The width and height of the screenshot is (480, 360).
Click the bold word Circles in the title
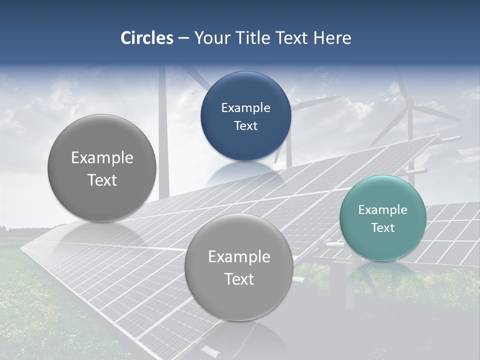[146, 38]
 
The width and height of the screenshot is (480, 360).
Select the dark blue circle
[245, 116]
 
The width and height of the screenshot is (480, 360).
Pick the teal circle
[382, 218]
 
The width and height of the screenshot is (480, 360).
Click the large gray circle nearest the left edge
[102, 168]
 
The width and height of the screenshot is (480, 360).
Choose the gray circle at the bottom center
[239, 267]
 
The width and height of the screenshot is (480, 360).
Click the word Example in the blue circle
[245, 107]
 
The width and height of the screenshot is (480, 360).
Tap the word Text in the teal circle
[382, 227]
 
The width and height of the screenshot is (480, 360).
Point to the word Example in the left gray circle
[102, 157]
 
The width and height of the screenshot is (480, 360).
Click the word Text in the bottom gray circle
[239, 279]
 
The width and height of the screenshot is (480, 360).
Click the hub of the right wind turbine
[410, 106]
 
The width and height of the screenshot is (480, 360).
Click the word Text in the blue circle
[245, 125]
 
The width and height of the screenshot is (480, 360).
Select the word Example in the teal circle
[382, 209]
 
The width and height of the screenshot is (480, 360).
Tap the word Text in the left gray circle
[102, 180]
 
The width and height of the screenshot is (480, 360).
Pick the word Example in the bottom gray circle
[239, 256]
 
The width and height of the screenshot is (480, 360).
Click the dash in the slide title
[183, 38]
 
